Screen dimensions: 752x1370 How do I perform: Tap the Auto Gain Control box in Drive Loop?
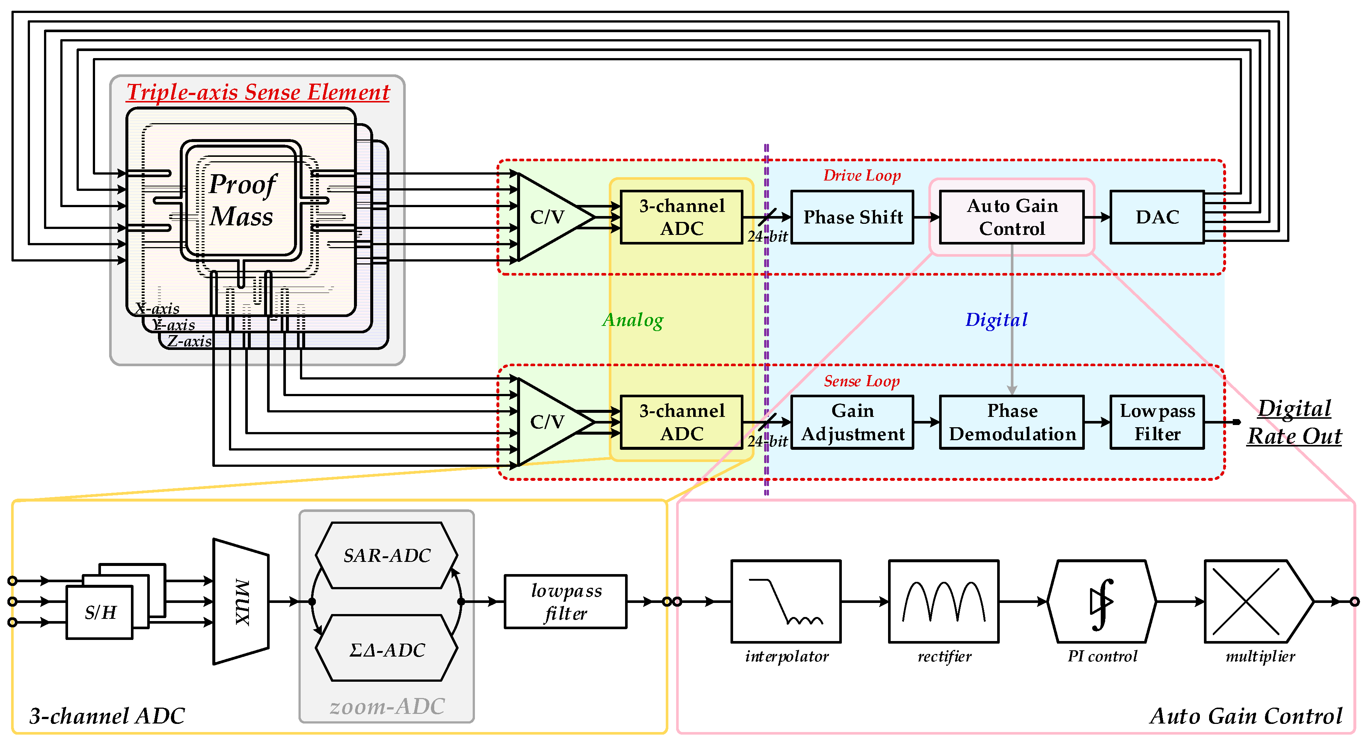(x=1012, y=217)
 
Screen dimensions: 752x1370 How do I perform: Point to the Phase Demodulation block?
(x=1012, y=422)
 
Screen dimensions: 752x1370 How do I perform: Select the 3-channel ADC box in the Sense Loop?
(x=681, y=422)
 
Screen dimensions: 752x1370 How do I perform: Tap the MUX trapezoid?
(x=241, y=601)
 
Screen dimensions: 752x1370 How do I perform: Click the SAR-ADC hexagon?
(x=387, y=555)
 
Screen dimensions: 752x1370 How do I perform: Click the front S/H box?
(x=99, y=612)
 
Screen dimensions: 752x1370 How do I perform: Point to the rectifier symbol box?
(x=944, y=601)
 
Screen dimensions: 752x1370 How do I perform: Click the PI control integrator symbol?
(x=1101, y=601)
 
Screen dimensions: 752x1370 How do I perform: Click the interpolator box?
(x=786, y=601)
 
